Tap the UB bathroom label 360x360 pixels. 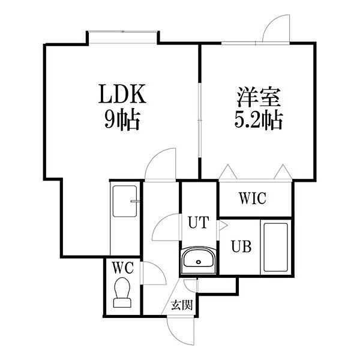242,246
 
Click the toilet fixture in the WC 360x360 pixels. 123,293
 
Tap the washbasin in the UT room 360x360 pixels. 198,260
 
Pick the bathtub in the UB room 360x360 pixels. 275,247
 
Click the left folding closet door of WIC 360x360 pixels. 228,173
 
